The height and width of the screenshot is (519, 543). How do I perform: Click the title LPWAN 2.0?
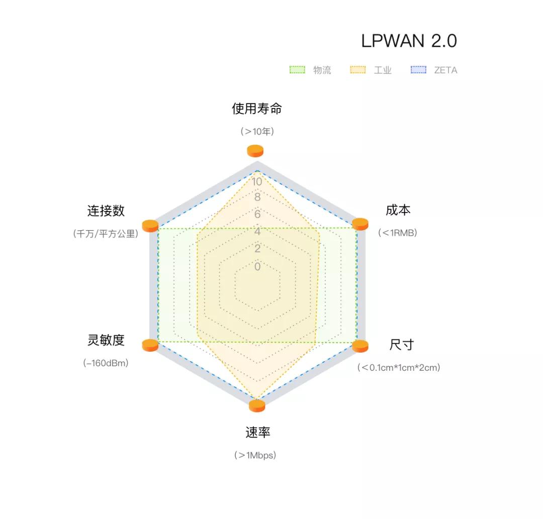pos(409,41)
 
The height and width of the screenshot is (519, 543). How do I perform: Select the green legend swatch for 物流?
pos(297,69)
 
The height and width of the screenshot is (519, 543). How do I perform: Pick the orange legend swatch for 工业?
pos(358,69)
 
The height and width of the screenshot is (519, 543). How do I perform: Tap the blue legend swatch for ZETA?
pos(418,69)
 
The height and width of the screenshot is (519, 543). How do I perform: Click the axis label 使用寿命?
pos(256,109)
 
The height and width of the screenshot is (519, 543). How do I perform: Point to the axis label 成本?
pos(398,210)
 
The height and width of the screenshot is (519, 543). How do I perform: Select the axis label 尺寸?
pos(402,345)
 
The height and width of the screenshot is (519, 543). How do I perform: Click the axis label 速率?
pos(257,432)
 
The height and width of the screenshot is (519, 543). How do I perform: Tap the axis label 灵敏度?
pos(106,340)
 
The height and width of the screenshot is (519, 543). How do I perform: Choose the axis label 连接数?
pos(106,211)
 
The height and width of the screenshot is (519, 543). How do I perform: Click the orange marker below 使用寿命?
pos(255,151)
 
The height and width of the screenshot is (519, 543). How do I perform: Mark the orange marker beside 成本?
pos(360,224)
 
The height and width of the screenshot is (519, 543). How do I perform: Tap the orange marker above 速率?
pos(257,406)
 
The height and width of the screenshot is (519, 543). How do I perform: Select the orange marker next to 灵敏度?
pos(150,345)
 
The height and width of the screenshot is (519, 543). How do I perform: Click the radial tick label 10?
pos(257,182)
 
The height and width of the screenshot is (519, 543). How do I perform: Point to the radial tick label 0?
pos(257,266)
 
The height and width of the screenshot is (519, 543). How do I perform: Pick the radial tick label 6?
pos(257,214)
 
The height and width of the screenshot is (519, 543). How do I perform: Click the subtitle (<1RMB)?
pos(398,233)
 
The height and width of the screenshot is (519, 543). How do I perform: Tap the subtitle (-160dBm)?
pos(106,363)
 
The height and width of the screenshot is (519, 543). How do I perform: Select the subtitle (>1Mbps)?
pos(255,455)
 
